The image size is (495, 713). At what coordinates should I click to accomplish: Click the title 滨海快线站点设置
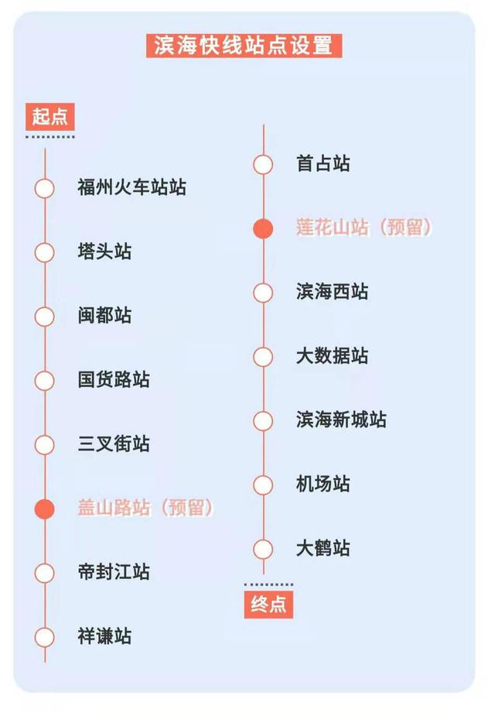pyautogui.click(x=244, y=46)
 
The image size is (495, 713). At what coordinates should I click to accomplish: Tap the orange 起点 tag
pyautogui.click(x=50, y=117)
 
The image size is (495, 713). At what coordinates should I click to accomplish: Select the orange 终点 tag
pyautogui.click(x=268, y=605)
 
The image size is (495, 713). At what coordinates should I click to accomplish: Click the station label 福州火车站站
pyautogui.click(x=131, y=187)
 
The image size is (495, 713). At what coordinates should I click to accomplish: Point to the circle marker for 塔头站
pyautogui.click(x=45, y=252)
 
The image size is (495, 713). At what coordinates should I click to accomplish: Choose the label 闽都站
pyautogui.click(x=104, y=316)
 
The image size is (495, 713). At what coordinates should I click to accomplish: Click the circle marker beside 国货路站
pyautogui.click(x=45, y=381)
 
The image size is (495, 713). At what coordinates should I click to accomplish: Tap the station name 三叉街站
pyautogui.click(x=114, y=444)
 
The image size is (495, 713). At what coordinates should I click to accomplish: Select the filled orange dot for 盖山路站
pyautogui.click(x=45, y=509)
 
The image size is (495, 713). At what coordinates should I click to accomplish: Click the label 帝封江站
pyautogui.click(x=114, y=572)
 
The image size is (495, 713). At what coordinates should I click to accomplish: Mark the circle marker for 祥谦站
pyautogui.click(x=45, y=637)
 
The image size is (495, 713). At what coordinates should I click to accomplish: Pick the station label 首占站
pyautogui.click(x=323, y=163)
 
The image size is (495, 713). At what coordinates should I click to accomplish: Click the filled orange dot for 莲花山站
pyautogui.click(x=263, y=228)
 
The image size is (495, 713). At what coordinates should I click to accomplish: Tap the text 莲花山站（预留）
pyautogui.click(x=364, y=228)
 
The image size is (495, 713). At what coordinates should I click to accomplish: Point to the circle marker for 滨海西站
pyautogui.click(x=263, y=293)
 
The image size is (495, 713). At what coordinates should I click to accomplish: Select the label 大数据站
pyautogui.click(x=332, y=355)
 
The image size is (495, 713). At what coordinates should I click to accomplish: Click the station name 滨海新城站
pyautogui.click(x=341, y=420)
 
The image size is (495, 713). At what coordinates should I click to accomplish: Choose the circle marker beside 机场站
pyautogui.click(x=263, y=485)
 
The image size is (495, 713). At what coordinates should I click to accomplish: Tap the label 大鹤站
pyautogui.click(x=323, y=548)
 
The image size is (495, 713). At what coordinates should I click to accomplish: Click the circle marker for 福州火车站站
pyautogui.click(x=45, y=188)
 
